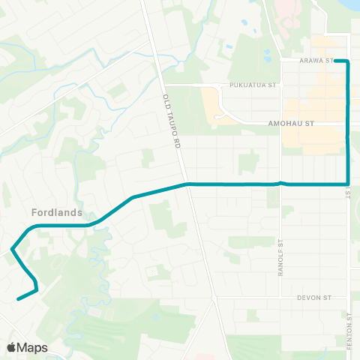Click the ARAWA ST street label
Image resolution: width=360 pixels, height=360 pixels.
(315, 61)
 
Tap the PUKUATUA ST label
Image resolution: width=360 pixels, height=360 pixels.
(253, 86)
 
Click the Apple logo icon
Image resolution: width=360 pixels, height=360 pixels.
(13, 347)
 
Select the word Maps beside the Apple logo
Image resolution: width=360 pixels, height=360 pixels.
(33, 347)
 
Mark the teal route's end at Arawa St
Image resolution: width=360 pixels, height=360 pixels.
(335, 61)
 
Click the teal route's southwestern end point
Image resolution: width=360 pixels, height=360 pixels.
(18, 298)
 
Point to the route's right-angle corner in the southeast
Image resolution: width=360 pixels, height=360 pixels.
(348, 183)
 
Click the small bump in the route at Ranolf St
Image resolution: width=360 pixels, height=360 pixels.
(280, 182)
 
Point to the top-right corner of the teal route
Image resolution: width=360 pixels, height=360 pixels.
(348, 61)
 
